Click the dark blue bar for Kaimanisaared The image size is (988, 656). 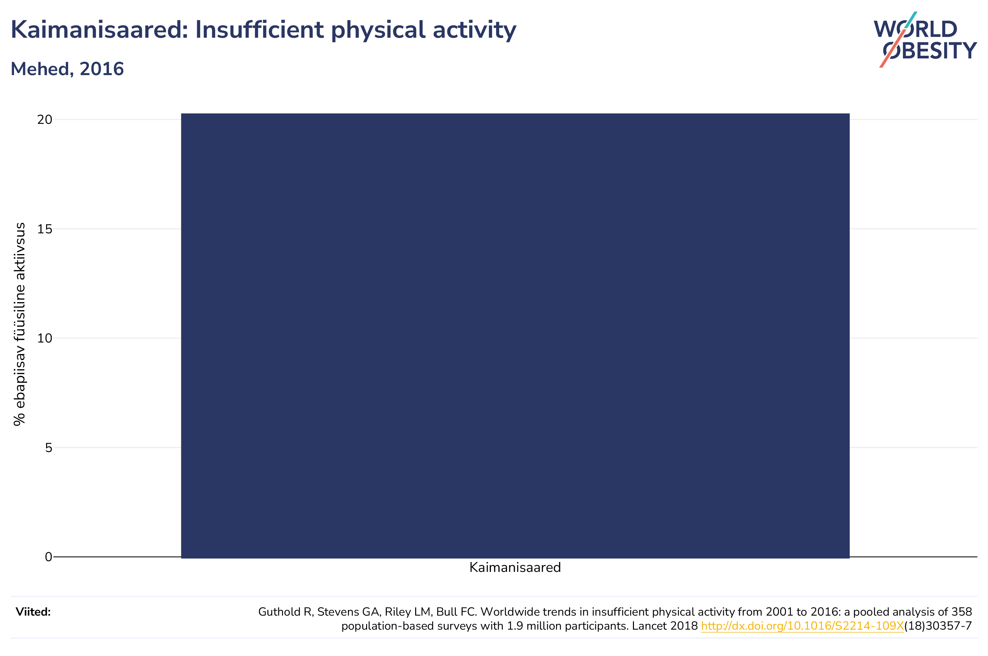pos(515,336)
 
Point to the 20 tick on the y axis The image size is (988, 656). pos(45,120)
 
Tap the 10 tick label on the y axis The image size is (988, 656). pos(45,338)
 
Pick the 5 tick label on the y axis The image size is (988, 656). pos(48,448)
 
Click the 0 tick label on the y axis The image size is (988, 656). pos(48,557)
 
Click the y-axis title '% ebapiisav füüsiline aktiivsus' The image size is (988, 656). pos(19,324)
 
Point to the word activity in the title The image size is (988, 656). pos(475,30)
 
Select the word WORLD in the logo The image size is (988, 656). pos(915,29)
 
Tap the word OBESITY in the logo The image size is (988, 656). pos(930,51)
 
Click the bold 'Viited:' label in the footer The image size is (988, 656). pos(33,612)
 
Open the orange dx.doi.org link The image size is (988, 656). pos(802,626)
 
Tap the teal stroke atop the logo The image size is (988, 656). pos(911,20)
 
